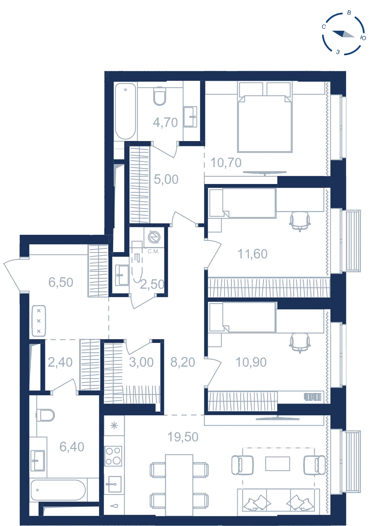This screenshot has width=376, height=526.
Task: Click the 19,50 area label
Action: coord(183,437)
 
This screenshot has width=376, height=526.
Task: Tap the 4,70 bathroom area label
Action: coord(165,123)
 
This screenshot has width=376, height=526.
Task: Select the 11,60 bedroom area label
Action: coord(252,254)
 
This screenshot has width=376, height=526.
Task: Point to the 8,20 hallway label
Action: coord(183,362)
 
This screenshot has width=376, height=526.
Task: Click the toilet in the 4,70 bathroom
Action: coord(159,96)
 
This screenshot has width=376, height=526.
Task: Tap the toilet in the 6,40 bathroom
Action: coord(45,415)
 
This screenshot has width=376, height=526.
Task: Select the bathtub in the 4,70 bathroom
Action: coord(126,111)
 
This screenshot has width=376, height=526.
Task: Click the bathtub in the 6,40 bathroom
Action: coord(58,490)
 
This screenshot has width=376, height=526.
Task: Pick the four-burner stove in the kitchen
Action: coord(113,456)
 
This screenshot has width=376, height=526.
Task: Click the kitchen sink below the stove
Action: coord(114,484)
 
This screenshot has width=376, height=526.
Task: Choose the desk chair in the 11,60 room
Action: coord(300,221)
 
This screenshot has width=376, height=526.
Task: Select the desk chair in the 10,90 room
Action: coord(300,343)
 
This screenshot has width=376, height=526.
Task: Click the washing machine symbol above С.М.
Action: coord(154,237)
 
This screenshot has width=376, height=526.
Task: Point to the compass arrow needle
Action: coord(343,34)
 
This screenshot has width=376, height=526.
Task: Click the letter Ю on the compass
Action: coord(363,38)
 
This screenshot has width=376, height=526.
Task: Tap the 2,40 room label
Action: coord(60,362)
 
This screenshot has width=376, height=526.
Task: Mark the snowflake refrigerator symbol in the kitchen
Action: coord(114,425)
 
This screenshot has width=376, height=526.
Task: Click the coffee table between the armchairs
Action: coord(278,464)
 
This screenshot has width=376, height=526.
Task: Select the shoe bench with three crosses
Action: coord(39,321)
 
